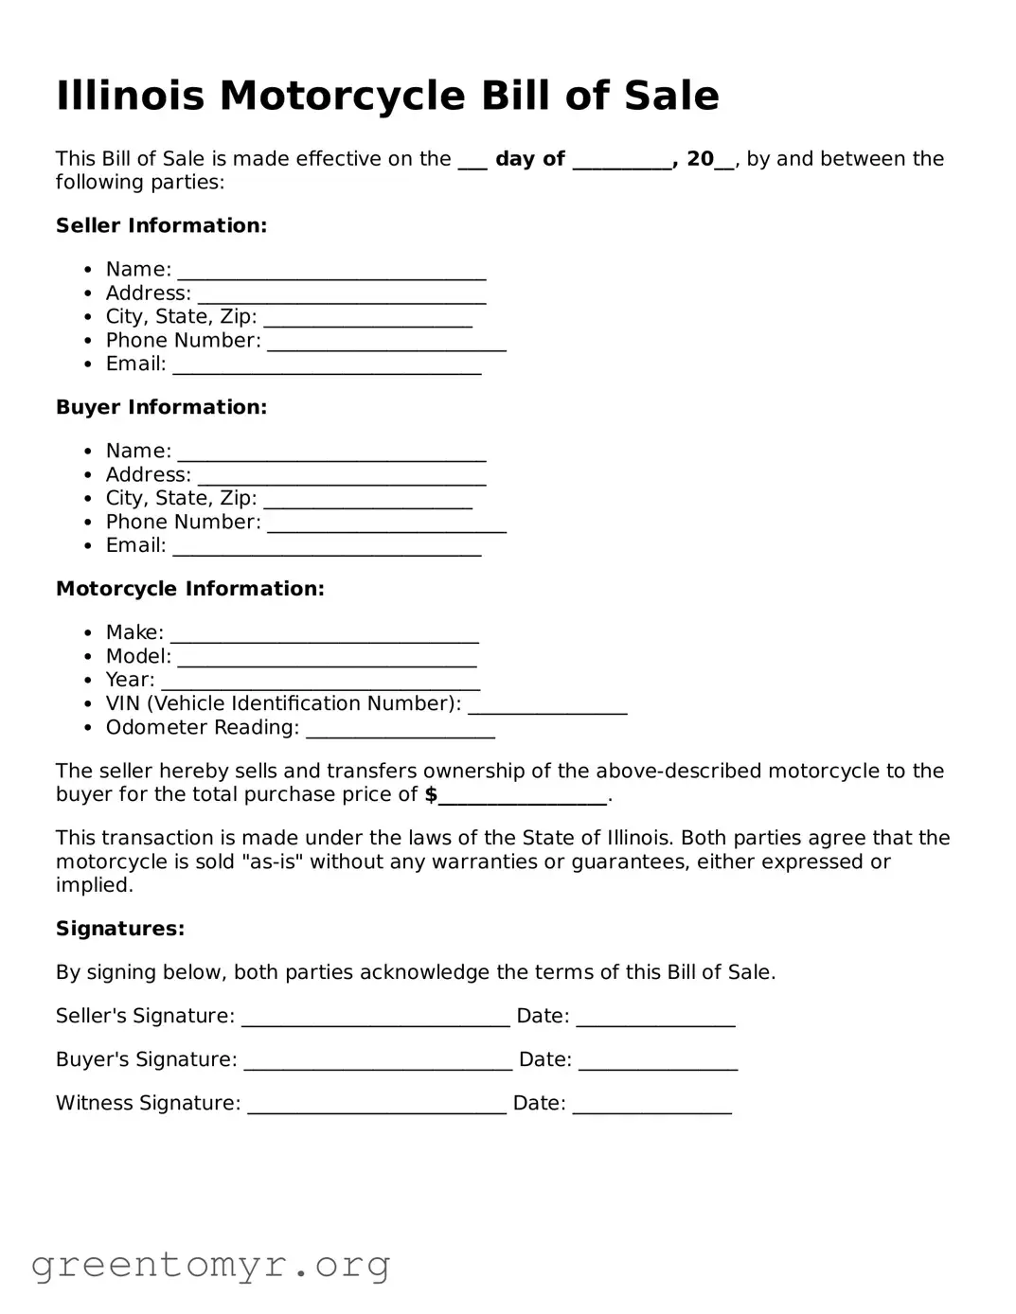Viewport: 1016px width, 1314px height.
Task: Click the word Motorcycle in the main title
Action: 344,96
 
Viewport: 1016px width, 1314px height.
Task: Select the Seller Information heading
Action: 161,225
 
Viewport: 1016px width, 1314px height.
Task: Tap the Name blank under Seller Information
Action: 331,271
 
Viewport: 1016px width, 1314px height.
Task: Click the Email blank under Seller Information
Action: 327,365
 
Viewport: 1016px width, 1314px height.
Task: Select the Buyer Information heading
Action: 161,407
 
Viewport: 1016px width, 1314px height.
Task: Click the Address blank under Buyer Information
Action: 341,476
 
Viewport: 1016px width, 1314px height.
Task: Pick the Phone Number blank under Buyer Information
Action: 386,524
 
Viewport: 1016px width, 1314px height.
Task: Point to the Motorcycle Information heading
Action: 189,589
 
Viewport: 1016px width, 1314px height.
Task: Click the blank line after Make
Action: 324,633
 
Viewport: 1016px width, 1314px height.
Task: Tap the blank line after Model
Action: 327,658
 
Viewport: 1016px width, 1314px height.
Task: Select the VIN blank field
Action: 547,705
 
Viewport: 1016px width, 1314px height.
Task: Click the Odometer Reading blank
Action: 400,729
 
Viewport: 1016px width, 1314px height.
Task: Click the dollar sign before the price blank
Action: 431,794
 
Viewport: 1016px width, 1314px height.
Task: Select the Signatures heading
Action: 120,929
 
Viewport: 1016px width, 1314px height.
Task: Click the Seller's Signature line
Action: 375,1018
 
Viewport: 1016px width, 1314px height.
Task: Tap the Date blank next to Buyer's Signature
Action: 658,1061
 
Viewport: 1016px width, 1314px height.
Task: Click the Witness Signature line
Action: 376,1105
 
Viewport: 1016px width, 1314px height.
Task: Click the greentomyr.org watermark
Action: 210,1265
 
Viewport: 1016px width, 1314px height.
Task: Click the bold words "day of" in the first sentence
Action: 529,159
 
